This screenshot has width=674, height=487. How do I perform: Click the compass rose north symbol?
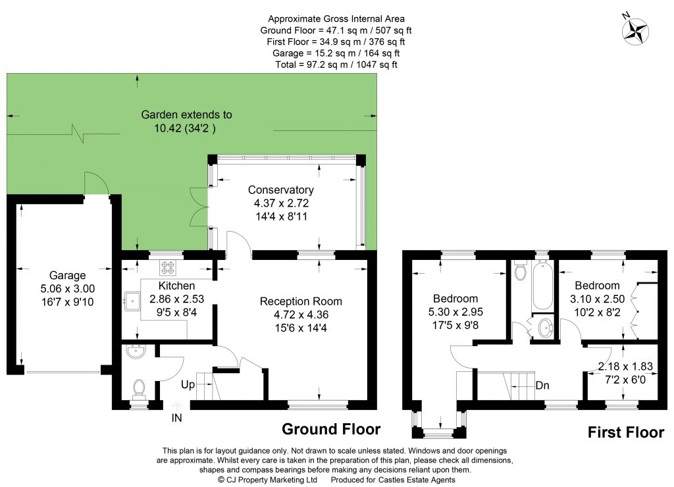click(635, 29)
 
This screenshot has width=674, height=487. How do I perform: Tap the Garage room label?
click(67, 276)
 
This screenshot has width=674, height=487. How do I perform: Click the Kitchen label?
click(176, 286)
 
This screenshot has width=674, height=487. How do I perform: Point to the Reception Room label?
click(301, 301)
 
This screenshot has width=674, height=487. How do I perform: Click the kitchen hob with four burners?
click(167, 267)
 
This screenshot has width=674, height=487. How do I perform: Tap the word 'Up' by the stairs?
click(188, 385)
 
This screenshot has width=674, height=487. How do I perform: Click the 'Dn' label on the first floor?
click(544, 385)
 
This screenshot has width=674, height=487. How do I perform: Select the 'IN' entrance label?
click(176, 417)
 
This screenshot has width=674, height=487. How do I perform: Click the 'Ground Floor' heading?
click(331, 429)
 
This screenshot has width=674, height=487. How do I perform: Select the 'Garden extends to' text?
click(187, 115)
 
